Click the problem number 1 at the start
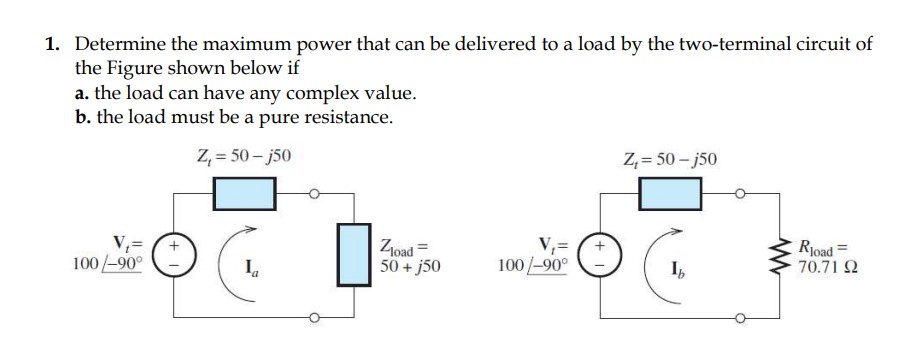pos(53,46)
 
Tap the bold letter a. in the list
pos(83,94)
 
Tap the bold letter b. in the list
pos(84,117)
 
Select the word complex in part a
pos(327,94)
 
